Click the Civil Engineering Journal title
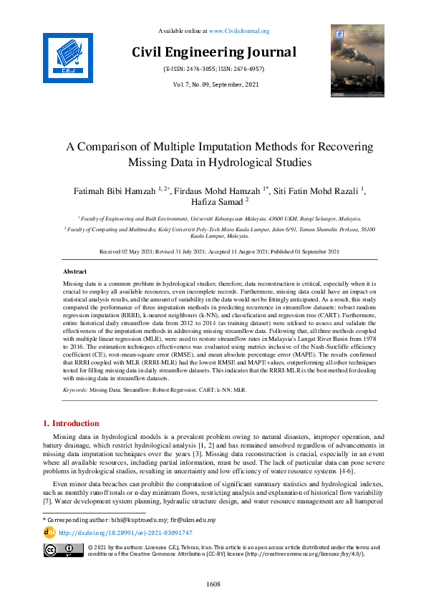pyautogui.click(x=214, y=52)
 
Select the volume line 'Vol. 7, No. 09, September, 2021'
pyautogui.click(x=214, y=85)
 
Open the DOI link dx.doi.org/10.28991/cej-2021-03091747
pyautogui.click(x=125, y=533)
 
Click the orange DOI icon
pyautogui.click(x=49, y=532)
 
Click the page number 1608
pyautogui.click(x=213, y=584)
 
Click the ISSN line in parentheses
pyautogui.click(x=214, y=69)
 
